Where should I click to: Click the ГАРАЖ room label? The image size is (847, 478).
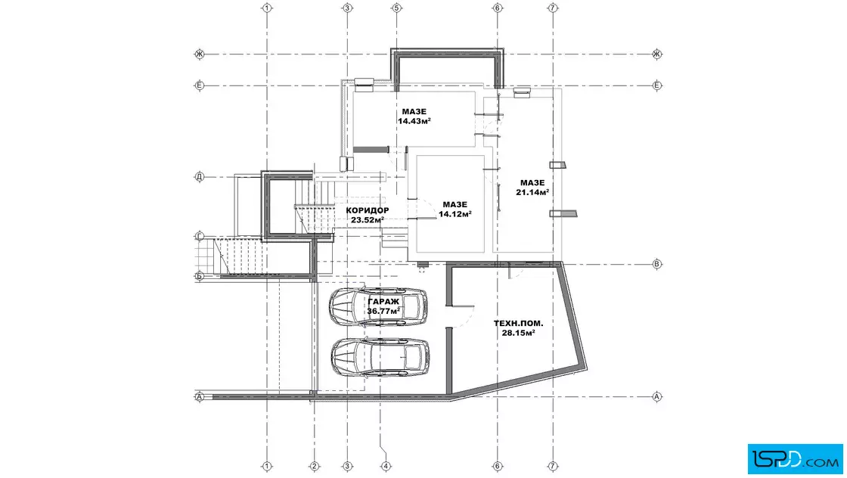click(383, 302)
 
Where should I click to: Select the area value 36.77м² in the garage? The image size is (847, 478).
click(383, 311)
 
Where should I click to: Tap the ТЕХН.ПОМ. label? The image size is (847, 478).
click(519, 324)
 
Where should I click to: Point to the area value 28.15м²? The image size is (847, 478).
click(519, 333)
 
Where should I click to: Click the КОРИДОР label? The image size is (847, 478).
click(368, 210)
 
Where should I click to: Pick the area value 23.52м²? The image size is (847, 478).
click(368, 220)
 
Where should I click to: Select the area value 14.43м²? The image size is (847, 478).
click(414, 121)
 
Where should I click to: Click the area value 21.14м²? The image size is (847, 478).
click(532, 192)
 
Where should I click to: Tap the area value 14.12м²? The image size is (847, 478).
click(455, 214)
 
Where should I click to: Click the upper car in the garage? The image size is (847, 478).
click(378, 307)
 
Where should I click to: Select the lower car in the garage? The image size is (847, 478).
click(380, 358)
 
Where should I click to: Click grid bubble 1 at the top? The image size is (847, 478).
click(266, 8)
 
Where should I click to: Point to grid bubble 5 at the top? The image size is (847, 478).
click(396, 8)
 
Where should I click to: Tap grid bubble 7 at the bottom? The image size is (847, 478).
click(553, 466)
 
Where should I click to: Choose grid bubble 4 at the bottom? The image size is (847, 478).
click(385, 466)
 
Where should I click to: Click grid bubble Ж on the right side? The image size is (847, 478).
click(657, 54)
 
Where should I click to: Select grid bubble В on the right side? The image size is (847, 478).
click(657, 264)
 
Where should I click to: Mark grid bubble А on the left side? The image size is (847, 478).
click(200, 397)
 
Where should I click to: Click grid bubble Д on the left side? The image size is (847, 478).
click(200, 177)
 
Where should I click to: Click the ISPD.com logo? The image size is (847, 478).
click(795, 459)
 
